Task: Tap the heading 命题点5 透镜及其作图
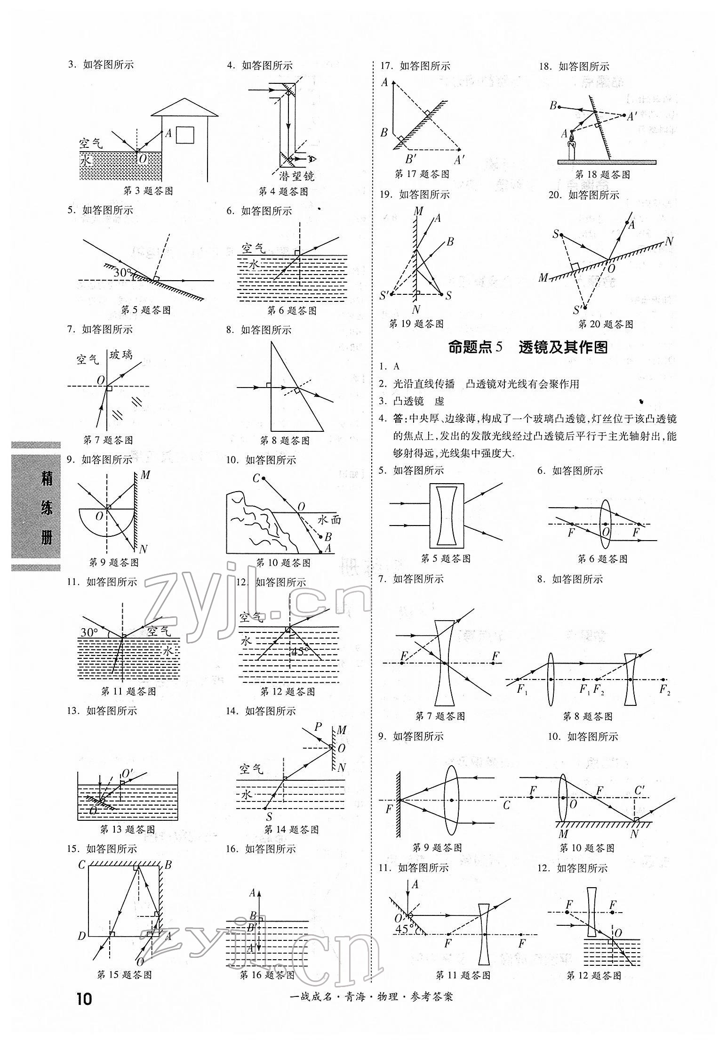click(x=527, y=347)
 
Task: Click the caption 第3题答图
click(x=148, y=191)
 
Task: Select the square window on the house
click(x=184, y=135)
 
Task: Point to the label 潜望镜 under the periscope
click(x=296, y=176)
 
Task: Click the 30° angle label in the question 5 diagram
click(x=122, y=272)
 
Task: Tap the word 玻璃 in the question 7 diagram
click(x=121, y=354)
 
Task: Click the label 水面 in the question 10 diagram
click(x=329, y=519)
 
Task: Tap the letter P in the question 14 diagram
click(x=318, y=727)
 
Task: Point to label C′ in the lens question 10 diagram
click(x=639, y=790)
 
